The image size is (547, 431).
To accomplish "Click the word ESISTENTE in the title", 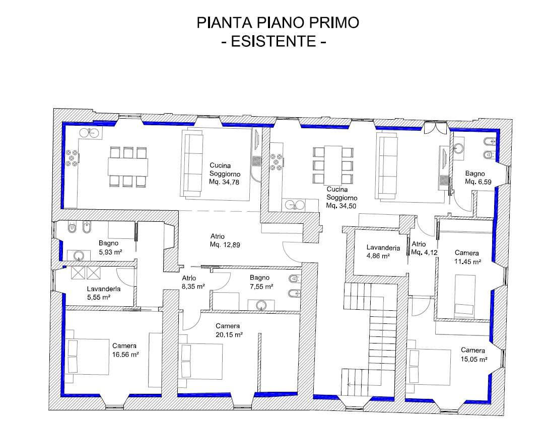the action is [x=274, y=41].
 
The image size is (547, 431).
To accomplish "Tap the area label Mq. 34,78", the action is [x=224, y=182].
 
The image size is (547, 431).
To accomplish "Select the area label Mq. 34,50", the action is [x=341, y=206].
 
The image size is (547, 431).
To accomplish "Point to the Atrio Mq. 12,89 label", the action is [x=225, y=240].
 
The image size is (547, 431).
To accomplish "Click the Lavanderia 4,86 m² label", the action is [x=383, y=251].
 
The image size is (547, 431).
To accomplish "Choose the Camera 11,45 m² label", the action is [x=468, y=257].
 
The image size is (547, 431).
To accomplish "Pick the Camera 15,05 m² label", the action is [x=473, y=355].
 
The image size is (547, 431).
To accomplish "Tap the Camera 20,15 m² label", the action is [x=229, y=330].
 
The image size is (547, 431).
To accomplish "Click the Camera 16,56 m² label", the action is [x=125, y=350].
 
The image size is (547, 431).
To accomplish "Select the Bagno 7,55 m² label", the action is [x=261, y=282].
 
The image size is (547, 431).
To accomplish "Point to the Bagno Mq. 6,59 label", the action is [x=478, y=178].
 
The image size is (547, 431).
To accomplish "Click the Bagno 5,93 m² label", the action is [x=110, y=247].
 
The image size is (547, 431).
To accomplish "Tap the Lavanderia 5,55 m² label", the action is [x=104, y=293].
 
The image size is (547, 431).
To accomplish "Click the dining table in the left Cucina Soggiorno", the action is [x=127, y=166].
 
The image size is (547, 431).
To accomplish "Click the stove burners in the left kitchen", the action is [x=72, y=158].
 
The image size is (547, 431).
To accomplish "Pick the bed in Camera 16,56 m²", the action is [x=87, y=357].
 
